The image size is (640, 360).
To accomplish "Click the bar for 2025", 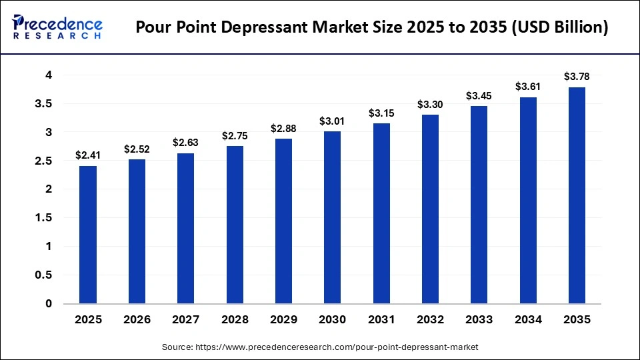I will [x=88, y=235].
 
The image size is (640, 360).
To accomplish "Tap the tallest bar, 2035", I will [x=577, y=195].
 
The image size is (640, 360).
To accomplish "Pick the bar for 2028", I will [x=235, y=225].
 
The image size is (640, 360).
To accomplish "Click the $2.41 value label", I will [x=88, y=155].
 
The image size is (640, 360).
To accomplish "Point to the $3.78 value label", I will [x=577, y=77].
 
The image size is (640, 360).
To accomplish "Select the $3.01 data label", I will [x=332, y=121].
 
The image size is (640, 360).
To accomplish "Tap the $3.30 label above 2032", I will [x=430, y=104].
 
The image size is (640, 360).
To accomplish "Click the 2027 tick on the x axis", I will [x=185, y=320].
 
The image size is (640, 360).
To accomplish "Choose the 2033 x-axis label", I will [x=479, y=320].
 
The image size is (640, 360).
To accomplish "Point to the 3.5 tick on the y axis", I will [x=44, y=103].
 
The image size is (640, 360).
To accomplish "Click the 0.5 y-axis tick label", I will [x=44, y=275].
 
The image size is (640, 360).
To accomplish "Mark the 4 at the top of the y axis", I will [x=49, y=75].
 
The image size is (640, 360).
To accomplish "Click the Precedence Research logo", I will [x=57, y=27].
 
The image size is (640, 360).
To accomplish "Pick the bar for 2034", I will [x=528, y=200].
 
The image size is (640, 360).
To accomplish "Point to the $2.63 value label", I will [x=185, y=143].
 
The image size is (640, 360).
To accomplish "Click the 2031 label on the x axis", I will [x=381, y=320].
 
